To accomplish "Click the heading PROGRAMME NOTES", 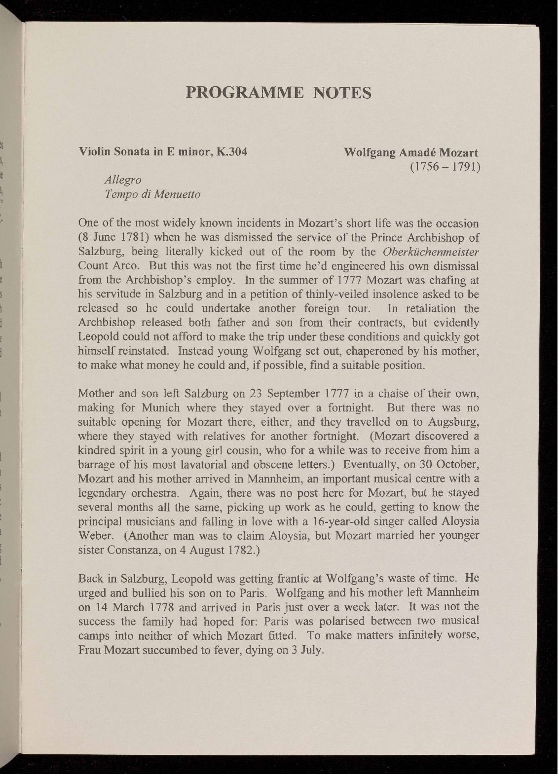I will (x=278, y=92).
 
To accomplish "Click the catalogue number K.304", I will (x=231, y=152).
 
